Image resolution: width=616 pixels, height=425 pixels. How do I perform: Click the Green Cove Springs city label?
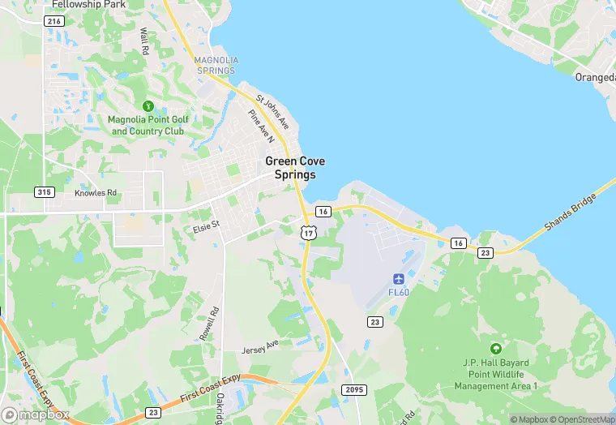point(295,168)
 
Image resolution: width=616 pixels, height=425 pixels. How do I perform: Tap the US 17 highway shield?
point(308,233)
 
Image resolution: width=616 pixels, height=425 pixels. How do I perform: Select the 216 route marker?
point(55,21)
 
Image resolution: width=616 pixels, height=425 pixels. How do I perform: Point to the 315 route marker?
point(45,192)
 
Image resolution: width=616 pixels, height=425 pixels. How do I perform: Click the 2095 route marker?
point(355,390)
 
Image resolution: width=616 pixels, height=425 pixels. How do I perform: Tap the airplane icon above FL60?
point(399,279)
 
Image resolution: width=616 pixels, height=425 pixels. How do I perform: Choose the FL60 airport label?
point(399,292)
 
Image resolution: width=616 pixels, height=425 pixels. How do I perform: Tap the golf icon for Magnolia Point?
point(148,106)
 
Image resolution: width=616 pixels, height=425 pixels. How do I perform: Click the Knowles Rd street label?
point(96,194)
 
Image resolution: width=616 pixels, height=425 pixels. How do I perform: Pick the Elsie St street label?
point(205,225)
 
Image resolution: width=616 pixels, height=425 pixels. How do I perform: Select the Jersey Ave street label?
point(260,350)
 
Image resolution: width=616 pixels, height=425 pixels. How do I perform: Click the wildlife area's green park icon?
point(495,347)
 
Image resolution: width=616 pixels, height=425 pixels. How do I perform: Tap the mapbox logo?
point(36,414)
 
